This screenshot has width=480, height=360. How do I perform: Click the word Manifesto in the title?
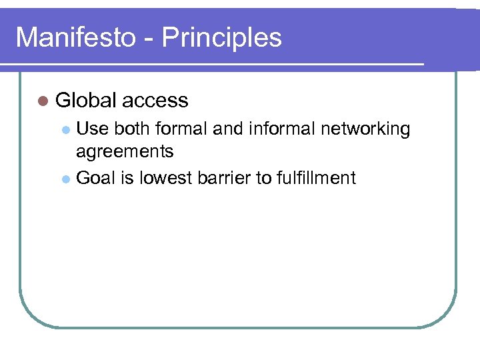coord(75,37)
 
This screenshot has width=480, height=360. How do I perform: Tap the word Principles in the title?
coord(221,37)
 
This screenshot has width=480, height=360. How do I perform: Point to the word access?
coord(155,101)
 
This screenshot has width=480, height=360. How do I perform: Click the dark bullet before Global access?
coord(43,101)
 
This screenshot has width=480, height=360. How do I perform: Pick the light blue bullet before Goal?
coord(65,179)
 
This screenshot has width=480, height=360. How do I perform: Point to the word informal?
coord(281,129)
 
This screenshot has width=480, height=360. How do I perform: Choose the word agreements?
coord(125,152)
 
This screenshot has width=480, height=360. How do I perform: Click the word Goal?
coord(96,178)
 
